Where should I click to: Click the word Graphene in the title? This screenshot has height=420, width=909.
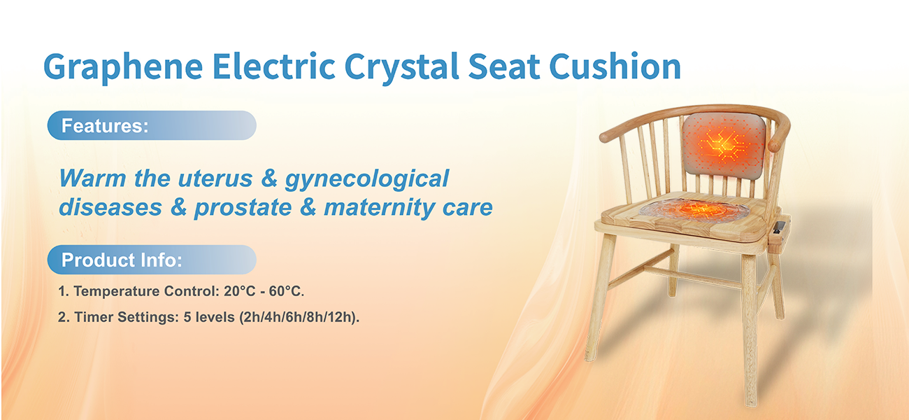tap(123, 67)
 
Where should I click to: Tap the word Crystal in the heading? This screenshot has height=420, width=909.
tap(402, 67)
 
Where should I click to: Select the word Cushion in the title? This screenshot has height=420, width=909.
tap(615, 66)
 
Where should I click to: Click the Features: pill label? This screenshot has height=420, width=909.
tap(152, 125)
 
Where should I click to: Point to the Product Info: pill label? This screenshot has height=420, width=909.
tap(152, 260)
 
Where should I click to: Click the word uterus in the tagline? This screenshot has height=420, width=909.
tap(215, 178)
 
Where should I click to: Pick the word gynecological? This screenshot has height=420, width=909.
tap(367, 179)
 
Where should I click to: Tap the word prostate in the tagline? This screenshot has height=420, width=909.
tap(243, 208)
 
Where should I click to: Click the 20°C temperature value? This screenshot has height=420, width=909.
tap(240, 291)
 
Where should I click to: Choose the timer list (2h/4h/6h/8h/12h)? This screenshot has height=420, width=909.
tap(299, 317)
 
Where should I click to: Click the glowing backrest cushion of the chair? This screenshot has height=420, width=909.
tap(723, 146)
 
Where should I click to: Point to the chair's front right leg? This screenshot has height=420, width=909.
tap(750, 329)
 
